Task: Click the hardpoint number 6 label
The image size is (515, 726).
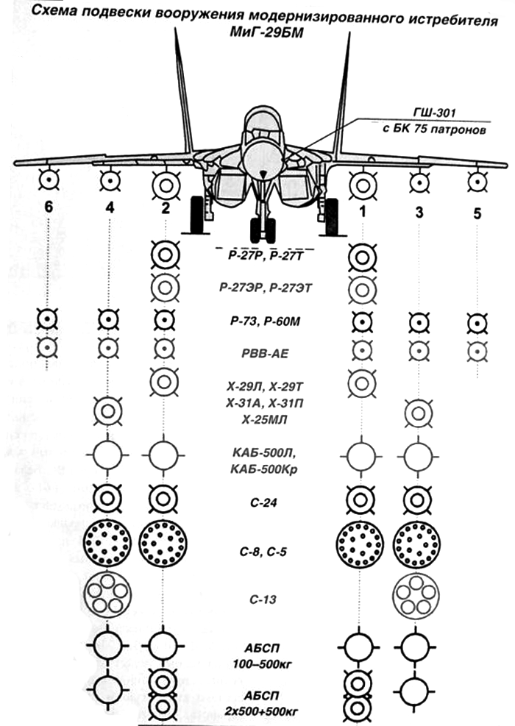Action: click(48, 207)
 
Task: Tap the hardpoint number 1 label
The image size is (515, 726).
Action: click(363, 211)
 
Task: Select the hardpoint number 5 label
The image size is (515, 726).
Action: click(477, 213)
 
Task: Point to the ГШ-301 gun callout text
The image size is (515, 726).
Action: click(435, 113)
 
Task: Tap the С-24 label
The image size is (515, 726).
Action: click(263, 502)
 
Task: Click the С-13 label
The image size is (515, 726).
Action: click(263, 599)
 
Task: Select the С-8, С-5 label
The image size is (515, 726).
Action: click(263, 552)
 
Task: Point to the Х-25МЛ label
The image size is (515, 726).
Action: click(264, 420)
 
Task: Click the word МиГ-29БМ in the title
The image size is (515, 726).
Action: click(267, 33)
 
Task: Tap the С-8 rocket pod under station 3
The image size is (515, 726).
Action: click(417, 544)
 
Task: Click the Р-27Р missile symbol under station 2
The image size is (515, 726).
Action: click(166, 255)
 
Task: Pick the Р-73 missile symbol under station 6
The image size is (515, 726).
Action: click(47, 319)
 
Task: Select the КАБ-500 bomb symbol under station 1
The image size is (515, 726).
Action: click(361, 457)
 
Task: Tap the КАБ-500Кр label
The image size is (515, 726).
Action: click(264, 469)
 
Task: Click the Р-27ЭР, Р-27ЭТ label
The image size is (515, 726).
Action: click(266, 288)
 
